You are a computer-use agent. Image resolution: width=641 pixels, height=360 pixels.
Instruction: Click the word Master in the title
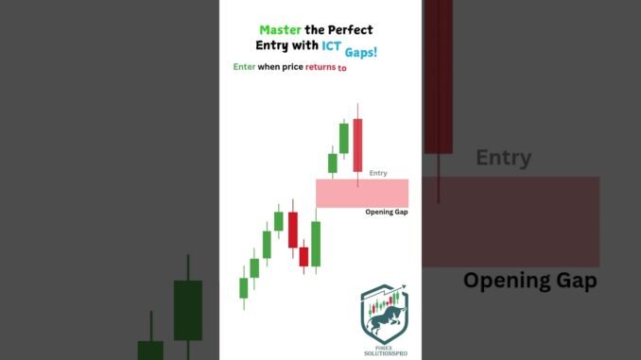280,29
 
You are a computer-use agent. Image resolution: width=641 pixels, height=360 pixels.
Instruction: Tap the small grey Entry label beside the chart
378,173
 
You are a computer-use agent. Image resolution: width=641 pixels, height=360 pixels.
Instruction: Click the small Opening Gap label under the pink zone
386,212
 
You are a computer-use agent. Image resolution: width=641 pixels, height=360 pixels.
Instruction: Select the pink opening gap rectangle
362,193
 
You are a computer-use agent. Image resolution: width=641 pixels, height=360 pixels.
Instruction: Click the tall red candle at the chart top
357,146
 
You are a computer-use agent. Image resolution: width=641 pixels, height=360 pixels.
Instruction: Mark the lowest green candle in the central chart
243,287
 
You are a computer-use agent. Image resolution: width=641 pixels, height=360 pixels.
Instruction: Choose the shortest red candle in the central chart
303,256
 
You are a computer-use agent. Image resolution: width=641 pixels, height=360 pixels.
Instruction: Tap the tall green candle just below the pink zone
316,244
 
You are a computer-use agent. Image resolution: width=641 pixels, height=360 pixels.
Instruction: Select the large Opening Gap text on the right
529,281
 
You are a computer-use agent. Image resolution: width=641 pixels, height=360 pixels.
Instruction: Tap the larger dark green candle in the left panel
188,310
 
